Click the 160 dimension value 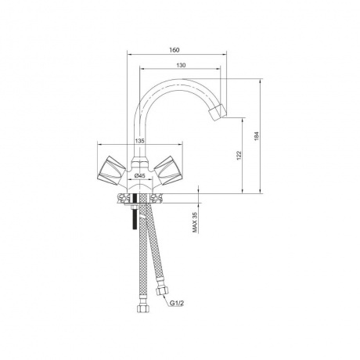tap(174, 50)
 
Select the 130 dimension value tap(181, 65)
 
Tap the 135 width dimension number tap(140, 141)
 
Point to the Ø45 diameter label tap(139, 176)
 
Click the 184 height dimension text tap(256, 136)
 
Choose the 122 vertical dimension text tap(239, 155)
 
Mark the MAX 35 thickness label tap(195, 221)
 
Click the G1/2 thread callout tap(177, 303)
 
